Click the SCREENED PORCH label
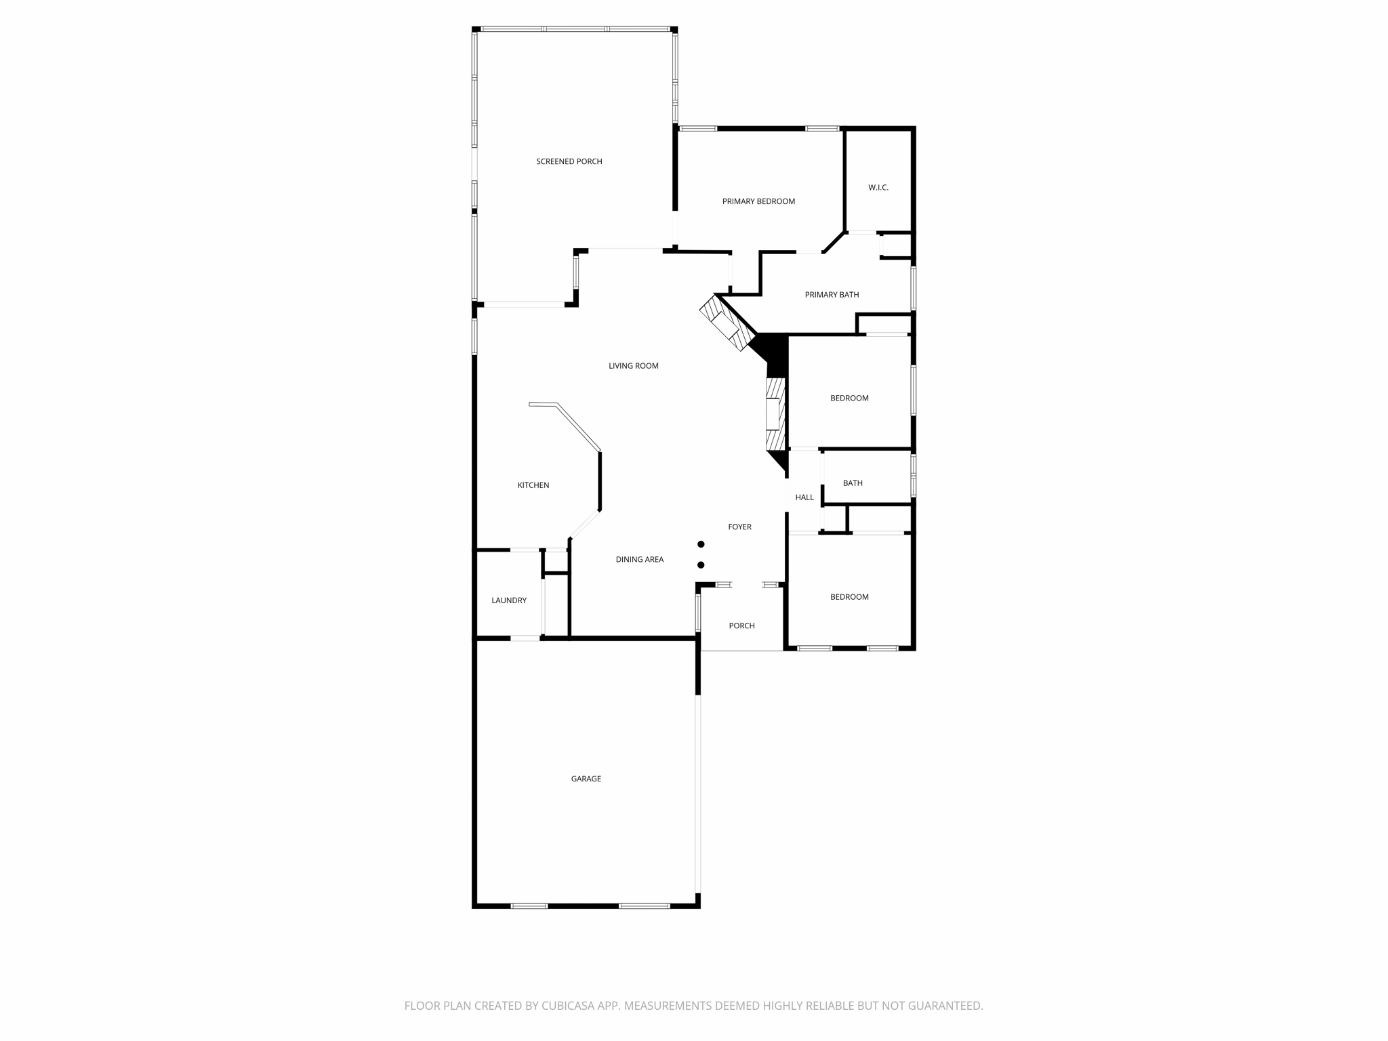tap(569, 161)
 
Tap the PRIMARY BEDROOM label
tap(758, 201)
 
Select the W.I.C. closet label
tap(878, 187)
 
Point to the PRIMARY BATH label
tap(832, 295)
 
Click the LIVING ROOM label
tap(633, 366)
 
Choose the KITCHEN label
tap(533, 485)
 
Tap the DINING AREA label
tap(639, 560)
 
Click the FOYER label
tap(739, 527)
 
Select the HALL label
tap(804, 497)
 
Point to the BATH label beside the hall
tap(853, 483)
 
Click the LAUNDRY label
tap(509, 600)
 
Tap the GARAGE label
tap(586, 779)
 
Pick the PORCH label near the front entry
tap(741, 626)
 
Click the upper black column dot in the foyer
tap(701, 544)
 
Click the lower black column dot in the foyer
tap(701, 565)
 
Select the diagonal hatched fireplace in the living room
tap(727, 323)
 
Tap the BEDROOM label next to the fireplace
tap(849, 398)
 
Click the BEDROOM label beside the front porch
tap(849, 597)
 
